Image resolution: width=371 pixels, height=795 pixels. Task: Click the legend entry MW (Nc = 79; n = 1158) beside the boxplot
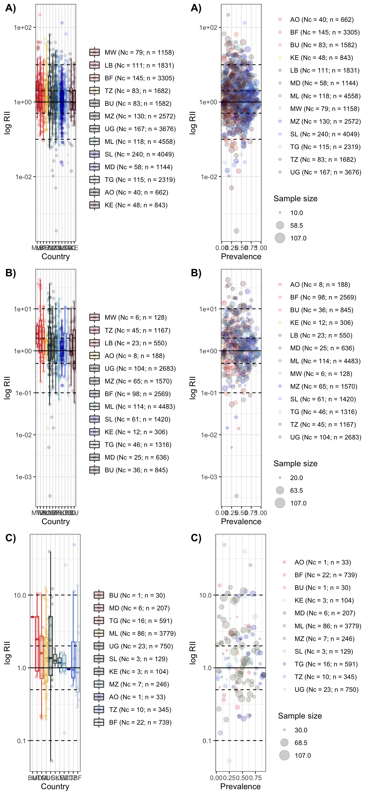pos(139,52)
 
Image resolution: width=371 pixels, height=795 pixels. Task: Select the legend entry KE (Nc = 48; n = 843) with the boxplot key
pos(136,205)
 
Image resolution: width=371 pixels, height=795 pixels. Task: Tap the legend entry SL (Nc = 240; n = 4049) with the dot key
pos(324,134)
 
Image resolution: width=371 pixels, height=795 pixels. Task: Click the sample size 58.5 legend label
pos(296,226)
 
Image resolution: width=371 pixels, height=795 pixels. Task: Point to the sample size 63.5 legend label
pos(296,491)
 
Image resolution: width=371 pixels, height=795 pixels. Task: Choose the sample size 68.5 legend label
pos(301,743)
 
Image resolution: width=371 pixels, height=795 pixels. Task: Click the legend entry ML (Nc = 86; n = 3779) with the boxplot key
pos(142,633)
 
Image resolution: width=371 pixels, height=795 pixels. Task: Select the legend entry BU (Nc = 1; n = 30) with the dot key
pos(322,588)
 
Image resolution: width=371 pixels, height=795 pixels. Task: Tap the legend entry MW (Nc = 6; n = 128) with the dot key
pos(321,374)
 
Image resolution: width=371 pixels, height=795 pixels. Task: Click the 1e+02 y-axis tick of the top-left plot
pos(23,28)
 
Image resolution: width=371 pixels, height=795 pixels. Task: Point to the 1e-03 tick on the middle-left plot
pos(23,477)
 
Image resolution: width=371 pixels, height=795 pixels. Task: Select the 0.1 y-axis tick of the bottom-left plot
pos(21,740)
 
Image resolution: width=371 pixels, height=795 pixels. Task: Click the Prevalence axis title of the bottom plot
pos(240,786)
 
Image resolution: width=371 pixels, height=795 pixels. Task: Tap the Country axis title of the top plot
pos(55,256)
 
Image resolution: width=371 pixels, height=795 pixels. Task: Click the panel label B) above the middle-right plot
pos(196,273)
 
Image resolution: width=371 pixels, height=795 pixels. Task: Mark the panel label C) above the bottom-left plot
pos(10,538)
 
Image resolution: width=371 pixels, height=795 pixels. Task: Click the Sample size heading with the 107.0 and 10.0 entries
pos(295,198)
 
